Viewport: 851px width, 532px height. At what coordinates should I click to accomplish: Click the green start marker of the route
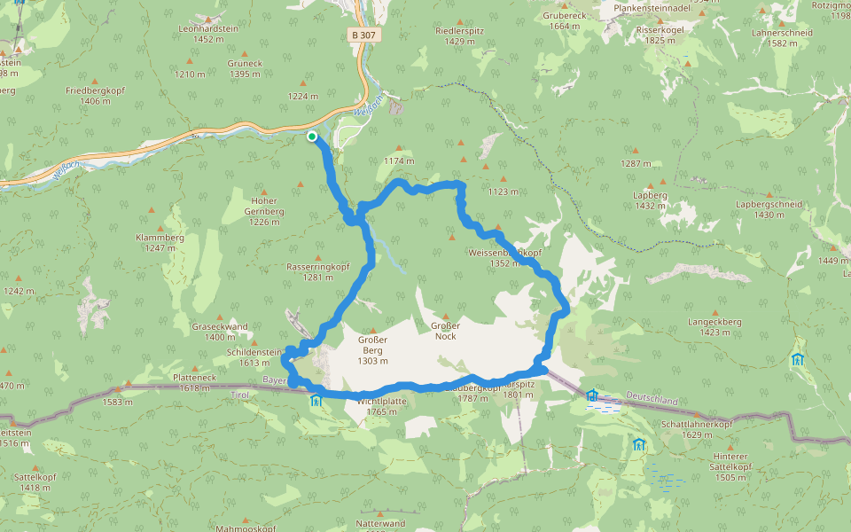click(x=312, y=136)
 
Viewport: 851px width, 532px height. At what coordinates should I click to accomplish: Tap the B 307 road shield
click(x=363, y=35)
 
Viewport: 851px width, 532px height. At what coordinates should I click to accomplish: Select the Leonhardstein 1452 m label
click(x=208, y=34)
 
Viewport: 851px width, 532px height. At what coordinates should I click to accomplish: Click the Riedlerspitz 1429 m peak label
click(x=460, y=35)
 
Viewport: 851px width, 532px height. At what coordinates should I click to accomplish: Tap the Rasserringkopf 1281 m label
click(x=318, y=271)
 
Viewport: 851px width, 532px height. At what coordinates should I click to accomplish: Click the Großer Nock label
click(x=446, y=331)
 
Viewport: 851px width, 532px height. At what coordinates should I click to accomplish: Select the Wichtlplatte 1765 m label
click(x=382, y=406)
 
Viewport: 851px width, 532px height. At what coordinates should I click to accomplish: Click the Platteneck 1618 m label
click(x=195, y=382)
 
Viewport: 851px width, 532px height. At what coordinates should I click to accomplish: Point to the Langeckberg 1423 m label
click(x=714, y=327)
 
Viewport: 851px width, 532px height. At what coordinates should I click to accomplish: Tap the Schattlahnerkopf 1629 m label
click(x=697, y=429)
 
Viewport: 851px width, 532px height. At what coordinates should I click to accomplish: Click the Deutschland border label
click(x=652, y=401)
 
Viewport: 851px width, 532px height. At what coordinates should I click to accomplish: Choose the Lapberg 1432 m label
click(x=650, y=199)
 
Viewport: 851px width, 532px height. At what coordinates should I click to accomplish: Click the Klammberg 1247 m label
click(x=160, y=242)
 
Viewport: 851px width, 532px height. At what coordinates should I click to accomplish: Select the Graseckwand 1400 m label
click(x=220, y=331)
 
